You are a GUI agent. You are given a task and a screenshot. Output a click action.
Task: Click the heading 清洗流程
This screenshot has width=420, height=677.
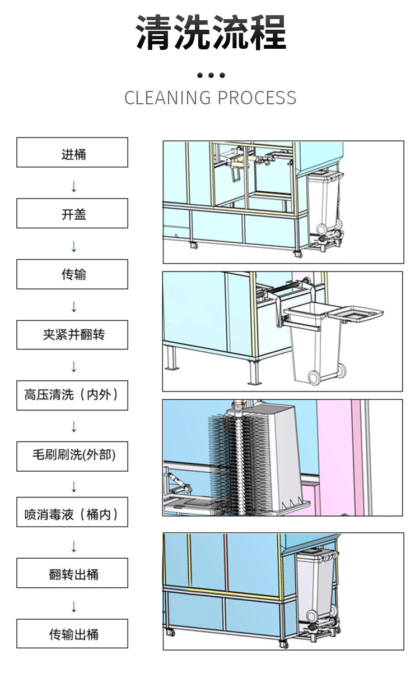[211, 33]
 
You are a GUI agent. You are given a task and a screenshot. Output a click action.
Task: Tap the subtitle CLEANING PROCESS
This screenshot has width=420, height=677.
[210, 98]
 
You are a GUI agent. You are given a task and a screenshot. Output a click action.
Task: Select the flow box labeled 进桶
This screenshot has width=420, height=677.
[72, 153]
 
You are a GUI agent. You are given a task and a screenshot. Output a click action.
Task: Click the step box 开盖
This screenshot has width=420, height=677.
[72, 213]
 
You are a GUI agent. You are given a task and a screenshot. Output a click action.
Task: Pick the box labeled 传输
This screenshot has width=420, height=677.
[72, 274]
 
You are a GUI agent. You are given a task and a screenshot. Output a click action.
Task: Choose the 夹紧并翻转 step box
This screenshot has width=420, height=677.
[72, 335]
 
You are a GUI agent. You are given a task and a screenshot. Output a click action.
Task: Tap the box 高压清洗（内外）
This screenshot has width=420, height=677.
[72, 395]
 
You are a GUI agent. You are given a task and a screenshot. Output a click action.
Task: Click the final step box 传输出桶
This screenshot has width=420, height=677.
[72, 634]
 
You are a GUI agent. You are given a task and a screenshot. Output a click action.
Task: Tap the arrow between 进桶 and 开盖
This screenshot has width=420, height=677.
[73, 186]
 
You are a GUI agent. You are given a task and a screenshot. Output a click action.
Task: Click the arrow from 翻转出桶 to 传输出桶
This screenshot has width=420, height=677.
[73, 606]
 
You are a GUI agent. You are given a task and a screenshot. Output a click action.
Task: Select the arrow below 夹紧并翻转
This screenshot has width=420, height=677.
[73, 367]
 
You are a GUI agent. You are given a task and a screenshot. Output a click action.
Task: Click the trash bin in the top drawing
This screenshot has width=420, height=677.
[324, 202]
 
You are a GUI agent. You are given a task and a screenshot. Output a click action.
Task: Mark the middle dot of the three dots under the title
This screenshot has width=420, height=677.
[211, 75]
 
